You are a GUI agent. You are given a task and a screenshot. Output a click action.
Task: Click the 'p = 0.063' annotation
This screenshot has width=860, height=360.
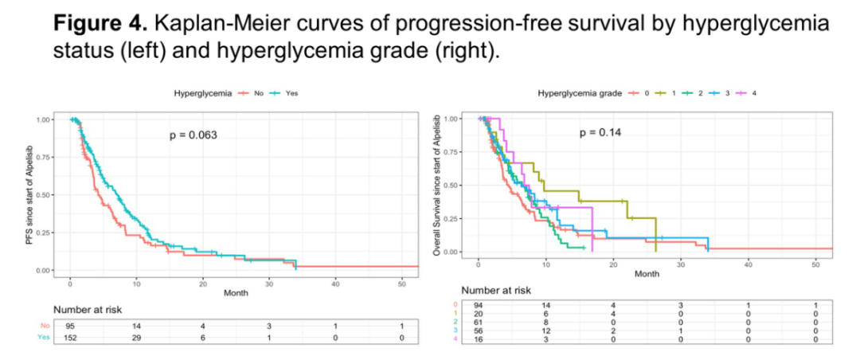click(193, 135)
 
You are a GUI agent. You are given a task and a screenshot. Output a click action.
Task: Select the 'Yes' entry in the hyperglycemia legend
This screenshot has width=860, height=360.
click(291, 93)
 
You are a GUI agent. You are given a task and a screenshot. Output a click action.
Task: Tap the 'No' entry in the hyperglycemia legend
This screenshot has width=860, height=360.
click(258, 93)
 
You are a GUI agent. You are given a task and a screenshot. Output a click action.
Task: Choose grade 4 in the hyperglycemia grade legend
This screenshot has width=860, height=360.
click(753, 93)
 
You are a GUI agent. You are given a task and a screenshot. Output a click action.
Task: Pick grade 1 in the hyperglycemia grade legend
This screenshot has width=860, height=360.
click(672, 93)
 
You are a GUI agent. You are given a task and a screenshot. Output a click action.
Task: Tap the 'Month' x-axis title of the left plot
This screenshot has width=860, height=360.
click(236, 292)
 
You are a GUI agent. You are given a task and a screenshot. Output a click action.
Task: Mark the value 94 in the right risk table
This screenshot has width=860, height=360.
click(479, 305)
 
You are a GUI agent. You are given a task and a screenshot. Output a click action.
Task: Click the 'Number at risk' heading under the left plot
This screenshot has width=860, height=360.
click(88, 309)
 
